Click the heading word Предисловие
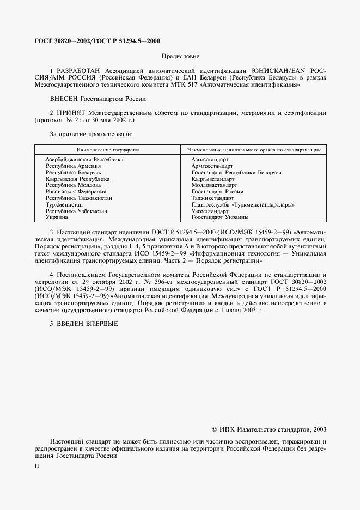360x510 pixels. (181, 57)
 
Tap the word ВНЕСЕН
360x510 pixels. (64, 99)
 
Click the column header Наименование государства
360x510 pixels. (108, 149)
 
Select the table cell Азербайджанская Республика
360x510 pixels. (84, 160)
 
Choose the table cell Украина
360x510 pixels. (57, 217)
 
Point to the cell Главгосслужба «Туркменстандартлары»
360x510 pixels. (243, 204)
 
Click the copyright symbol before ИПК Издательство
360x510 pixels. (215, 429)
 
